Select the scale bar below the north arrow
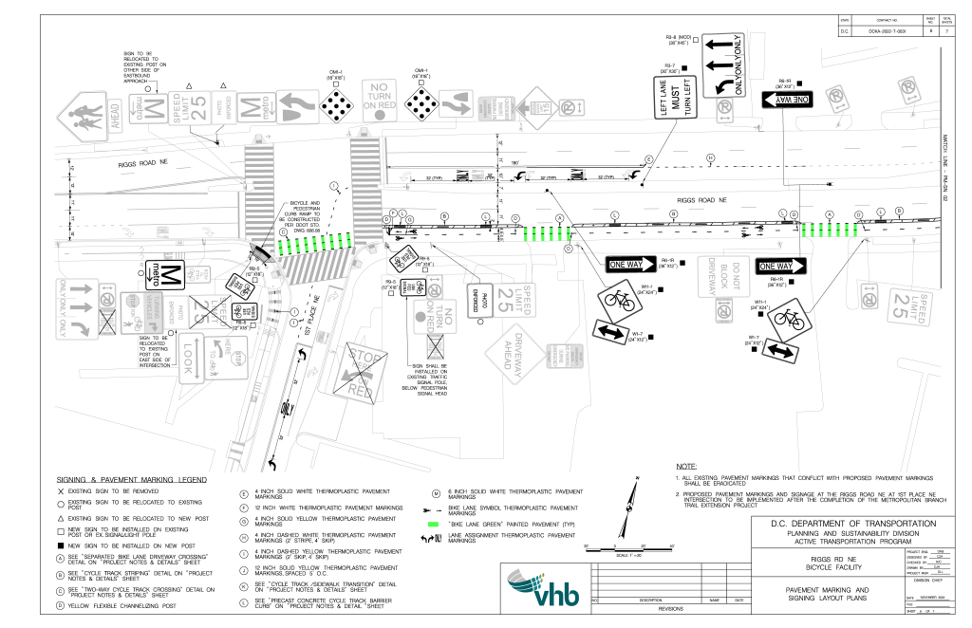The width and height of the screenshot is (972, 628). click(628, 546)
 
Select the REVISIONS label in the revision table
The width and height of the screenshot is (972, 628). click(670, 609)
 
